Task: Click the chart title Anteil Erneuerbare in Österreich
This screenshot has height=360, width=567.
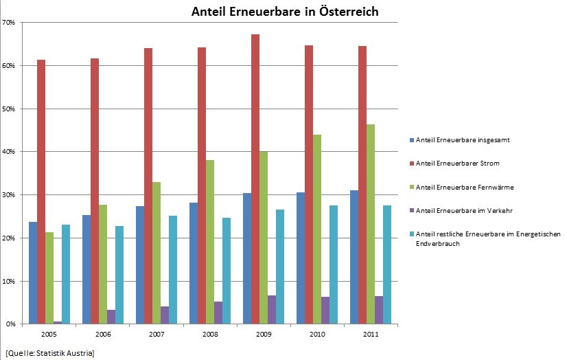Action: pyautogui.click(x=285, y=11)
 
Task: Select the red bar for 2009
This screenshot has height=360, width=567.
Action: pyautogui.click(x=255, y=179)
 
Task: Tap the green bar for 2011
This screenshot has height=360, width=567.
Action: pyautogui.click(x=371, y=224)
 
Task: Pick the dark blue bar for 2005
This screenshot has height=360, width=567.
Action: pyautogui.click(x=33, y=273)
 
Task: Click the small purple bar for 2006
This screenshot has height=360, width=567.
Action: pyautogui.click(x=111, y=317)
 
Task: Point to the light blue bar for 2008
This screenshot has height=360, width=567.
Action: pyautogui.click(x=227, y=271)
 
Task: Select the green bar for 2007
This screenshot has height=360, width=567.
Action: pyautogui.click(x=157, y=253)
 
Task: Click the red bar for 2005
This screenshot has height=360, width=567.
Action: pyautogui.click(x=41, y=192)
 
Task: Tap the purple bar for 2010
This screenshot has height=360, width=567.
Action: pyautogui.click(x=325, y=311)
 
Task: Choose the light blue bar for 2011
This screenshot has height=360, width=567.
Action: pyautogui.click(x=387, y=265)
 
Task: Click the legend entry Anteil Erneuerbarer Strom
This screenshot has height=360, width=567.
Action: pyautogui.click(x=454, y=164)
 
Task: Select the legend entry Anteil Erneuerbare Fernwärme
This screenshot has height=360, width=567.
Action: pyautogui.click(x=461, y=187)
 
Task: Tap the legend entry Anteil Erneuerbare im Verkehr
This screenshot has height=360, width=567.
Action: pyautogui.click(x=461, y=211)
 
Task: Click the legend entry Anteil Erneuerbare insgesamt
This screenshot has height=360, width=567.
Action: pyautogui.click(x=460, y=139)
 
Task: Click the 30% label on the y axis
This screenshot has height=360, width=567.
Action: pyautogui.click(x=9, y=195)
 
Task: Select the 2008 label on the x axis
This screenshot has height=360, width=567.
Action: pyautogui.click(x=210, y=334)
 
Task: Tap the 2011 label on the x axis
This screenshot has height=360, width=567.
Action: pyautogui.click(x=371, y=334)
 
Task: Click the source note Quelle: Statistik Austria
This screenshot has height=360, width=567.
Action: pyautogui.click(x=50, y=353)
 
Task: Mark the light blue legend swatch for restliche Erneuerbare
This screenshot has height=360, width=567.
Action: pyautogui.click(x=411, y=234)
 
